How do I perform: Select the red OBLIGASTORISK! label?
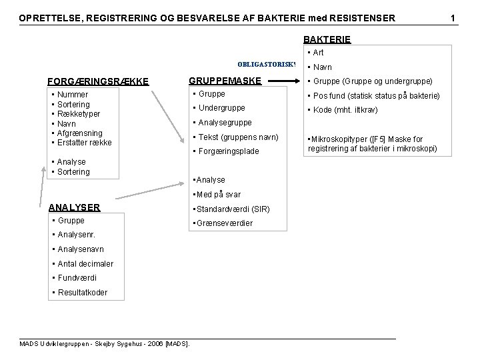(265, 65)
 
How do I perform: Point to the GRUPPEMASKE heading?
(225, 81)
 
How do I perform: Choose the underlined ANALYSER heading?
(75, 207)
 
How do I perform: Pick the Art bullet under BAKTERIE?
(315, 53)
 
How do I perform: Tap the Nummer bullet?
(73, 95)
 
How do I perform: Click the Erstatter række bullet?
(85, 143)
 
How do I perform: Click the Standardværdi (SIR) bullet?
(230, 209)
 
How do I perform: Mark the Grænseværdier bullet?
(222, 223)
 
